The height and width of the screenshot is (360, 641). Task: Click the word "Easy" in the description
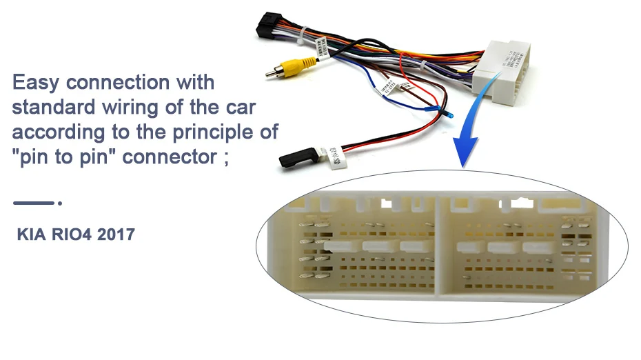pos(38,83)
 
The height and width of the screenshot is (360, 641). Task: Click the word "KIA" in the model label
pos(32,235)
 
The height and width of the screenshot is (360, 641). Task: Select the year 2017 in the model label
pos(116,235)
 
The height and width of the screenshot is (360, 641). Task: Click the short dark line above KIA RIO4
pos(34,203)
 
